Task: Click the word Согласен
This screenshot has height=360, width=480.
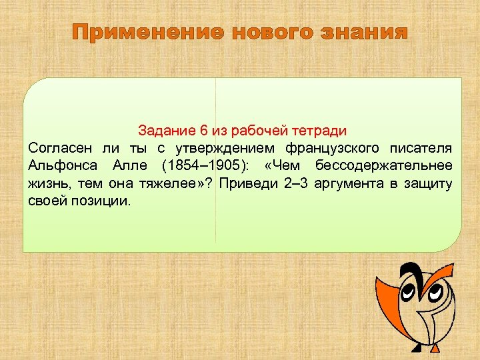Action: tap(61, 147)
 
